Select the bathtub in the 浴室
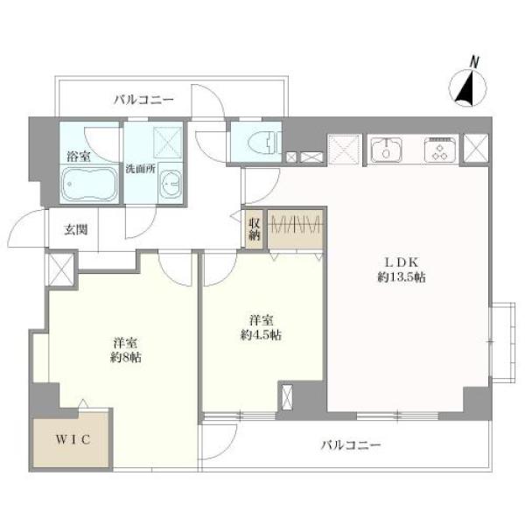89,183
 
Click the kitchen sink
386,150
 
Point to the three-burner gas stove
440,150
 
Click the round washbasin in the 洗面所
171,184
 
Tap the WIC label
73,439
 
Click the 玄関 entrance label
75,229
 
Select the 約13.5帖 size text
402,277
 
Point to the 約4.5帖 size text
261,335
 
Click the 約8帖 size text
126,358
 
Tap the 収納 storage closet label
254,229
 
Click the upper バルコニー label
144,100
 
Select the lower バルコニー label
351,445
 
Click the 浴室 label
79,157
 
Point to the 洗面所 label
141,169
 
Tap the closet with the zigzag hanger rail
296,229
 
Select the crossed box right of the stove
475,147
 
